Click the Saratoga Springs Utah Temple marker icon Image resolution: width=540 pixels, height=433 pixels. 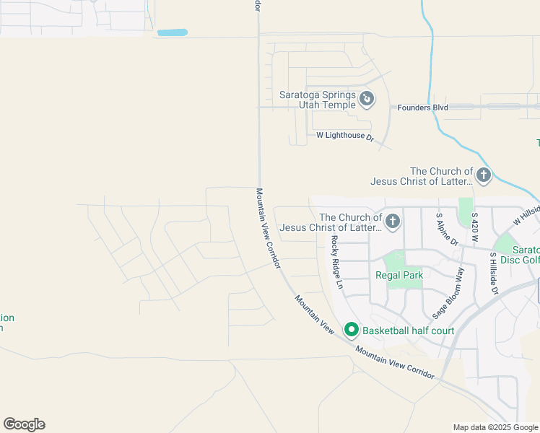[x=367, y=98]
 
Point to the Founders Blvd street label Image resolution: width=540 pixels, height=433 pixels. [x=422, y=108]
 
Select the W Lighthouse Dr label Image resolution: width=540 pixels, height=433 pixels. [x=345, y=136]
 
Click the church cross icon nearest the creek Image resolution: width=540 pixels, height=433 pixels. [x=483, y=175]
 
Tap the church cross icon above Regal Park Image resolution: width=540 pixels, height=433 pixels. [x=392, y=221]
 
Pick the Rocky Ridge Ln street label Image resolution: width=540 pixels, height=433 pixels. [x=336, y=263]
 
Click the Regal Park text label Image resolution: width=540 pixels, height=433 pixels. [x=399, y=275]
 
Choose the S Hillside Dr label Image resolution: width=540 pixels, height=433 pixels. [x=494, y=273]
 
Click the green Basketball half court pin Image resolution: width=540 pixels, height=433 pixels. [x=352, y=330]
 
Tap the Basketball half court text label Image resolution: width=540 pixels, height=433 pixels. [x=408, y=331]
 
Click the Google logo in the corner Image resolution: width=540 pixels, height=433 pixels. [x=24, y=424]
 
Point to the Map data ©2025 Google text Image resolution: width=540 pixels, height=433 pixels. [x=495, y=427]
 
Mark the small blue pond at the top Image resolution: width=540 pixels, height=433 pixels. [x=173, y=32]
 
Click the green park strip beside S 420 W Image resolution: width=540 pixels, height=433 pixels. [x=465, y=211]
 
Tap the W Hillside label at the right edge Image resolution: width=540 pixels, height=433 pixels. [x=526, y=215]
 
